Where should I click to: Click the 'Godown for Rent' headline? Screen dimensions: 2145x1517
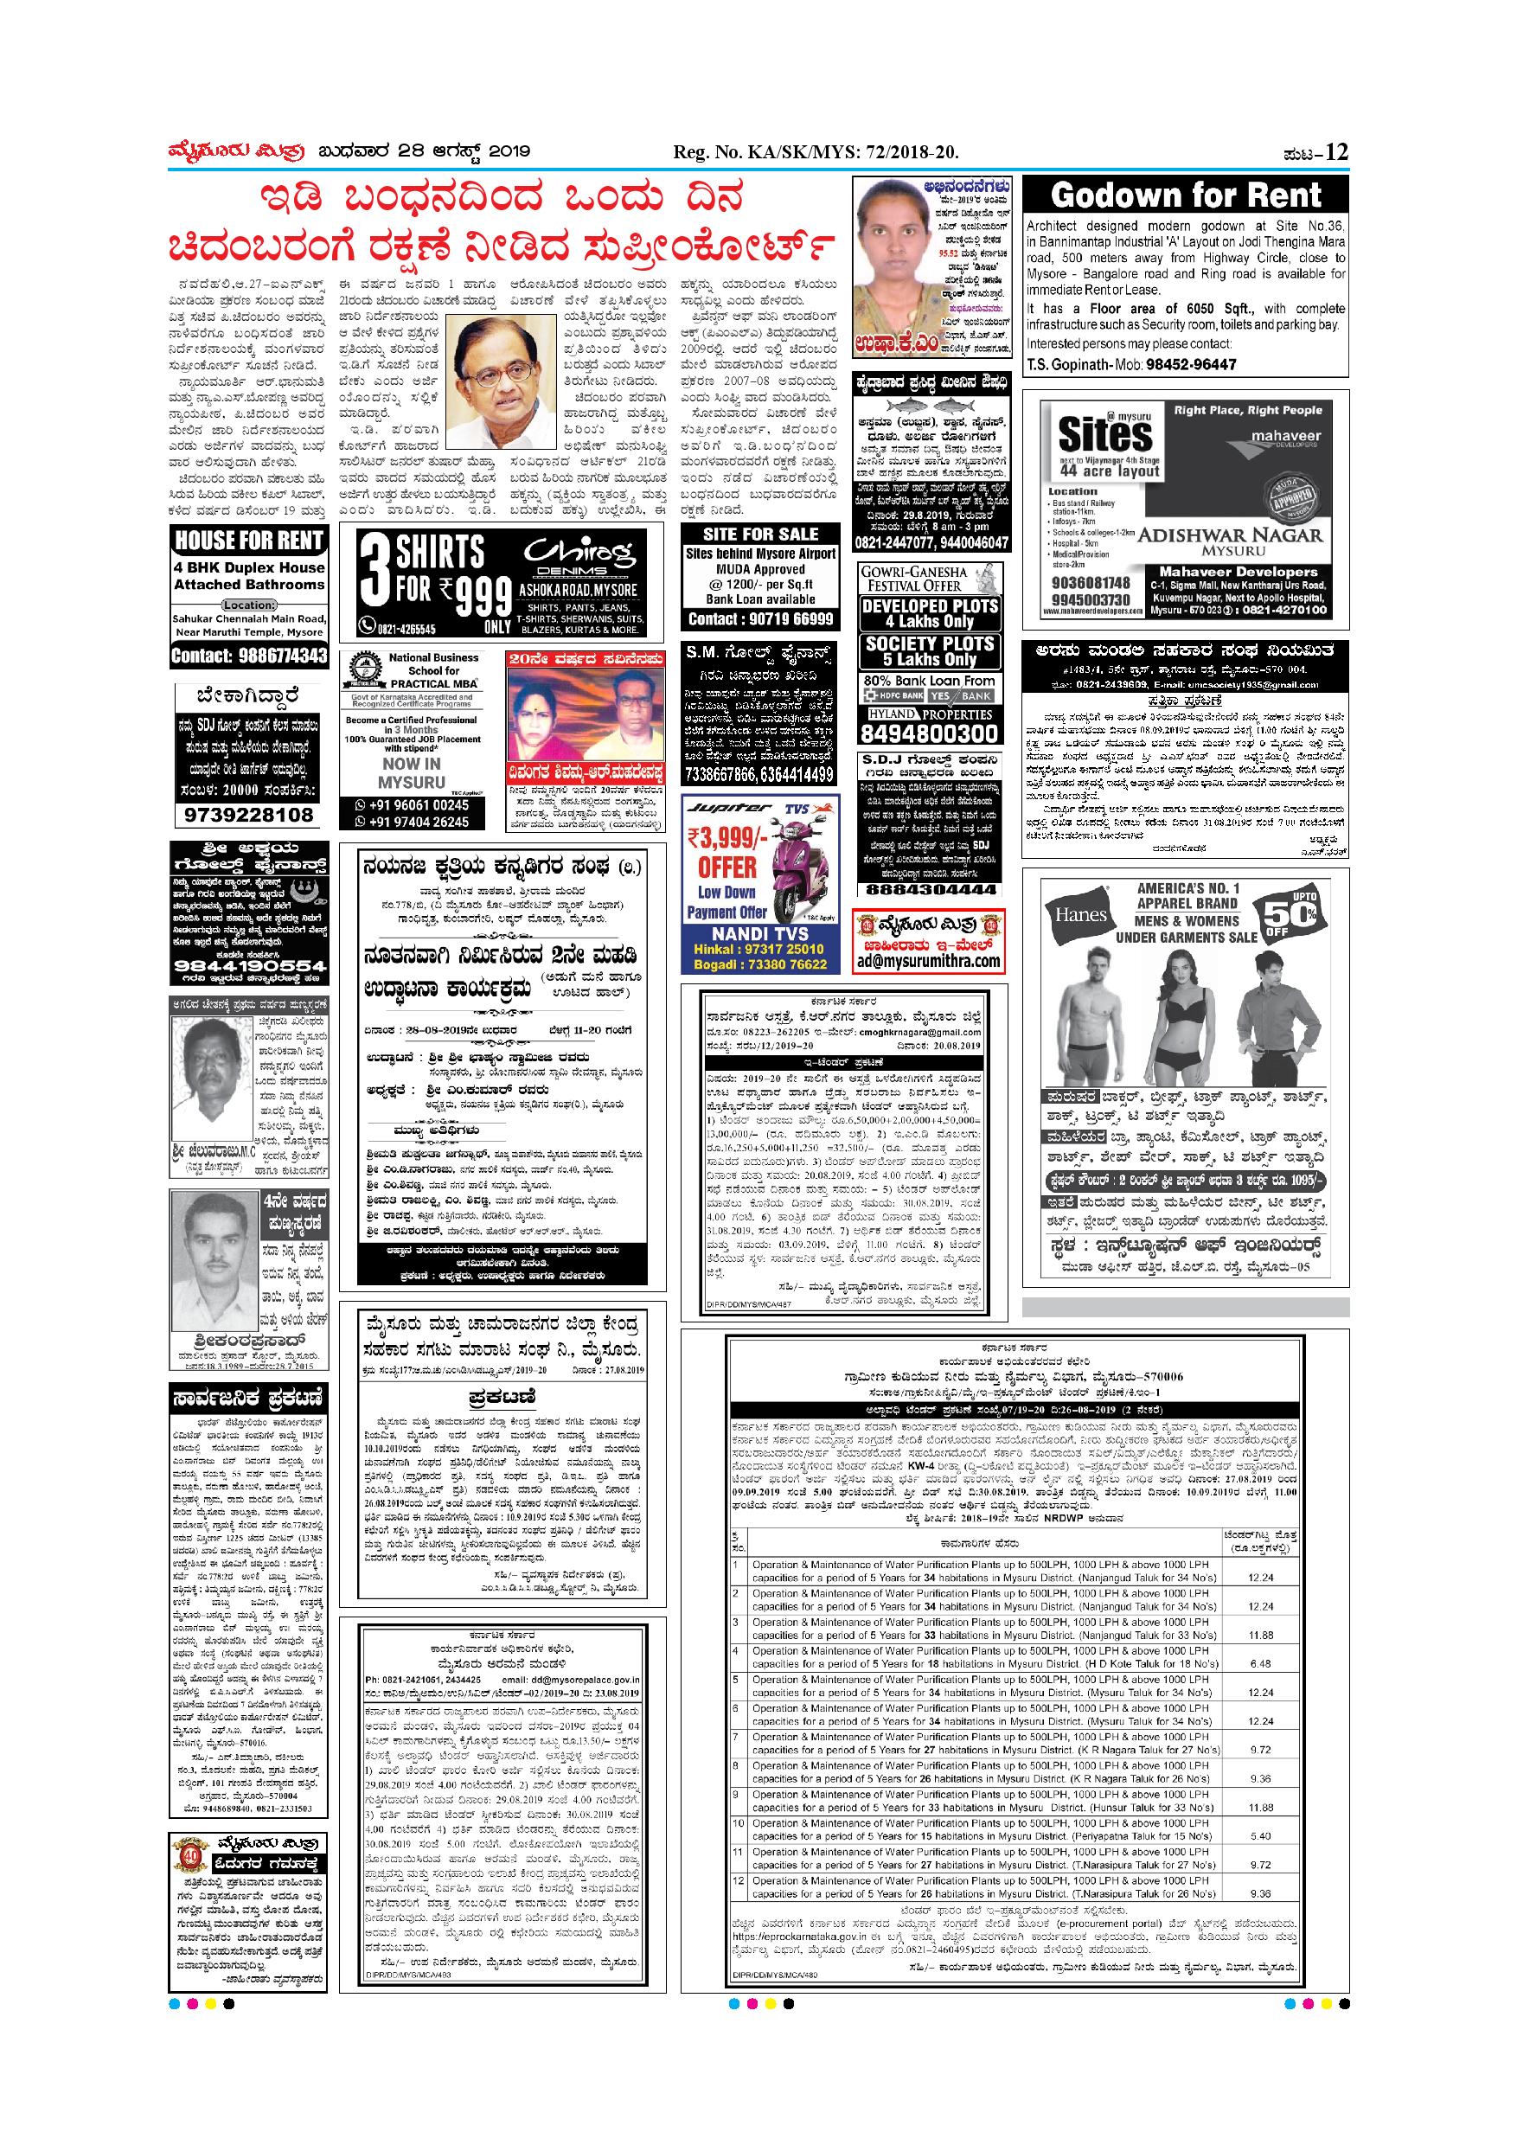(x=1186, y=196)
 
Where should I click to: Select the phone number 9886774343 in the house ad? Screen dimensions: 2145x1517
(x=249, y=655)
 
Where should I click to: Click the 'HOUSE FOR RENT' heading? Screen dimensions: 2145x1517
(x=249, y=540)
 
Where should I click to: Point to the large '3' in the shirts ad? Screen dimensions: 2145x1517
(x=373, y=579)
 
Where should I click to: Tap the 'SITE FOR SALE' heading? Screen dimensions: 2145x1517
(x=760, y=535)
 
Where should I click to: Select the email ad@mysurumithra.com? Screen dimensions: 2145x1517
(x=930, y=961)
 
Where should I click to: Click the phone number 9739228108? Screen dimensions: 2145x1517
(x=248, y=816)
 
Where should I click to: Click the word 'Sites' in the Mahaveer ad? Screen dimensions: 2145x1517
(x=1105, y=434)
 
